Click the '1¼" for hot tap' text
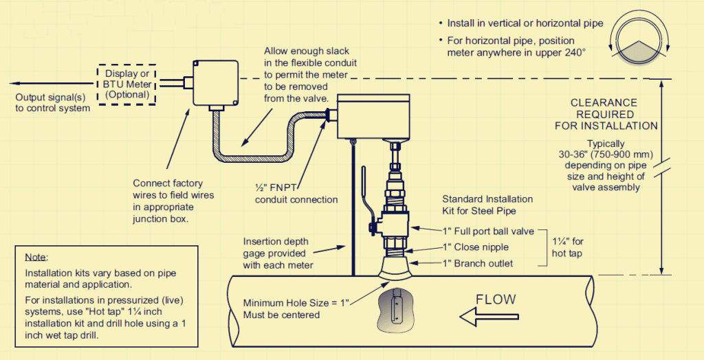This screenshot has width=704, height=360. pyautogui.click(x=568, y=247)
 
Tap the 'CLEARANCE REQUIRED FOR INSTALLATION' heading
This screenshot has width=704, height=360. pyautogui.click(x=605, y=114)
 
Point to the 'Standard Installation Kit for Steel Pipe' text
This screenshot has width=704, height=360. pyautogui.click(x=487, y=205)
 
